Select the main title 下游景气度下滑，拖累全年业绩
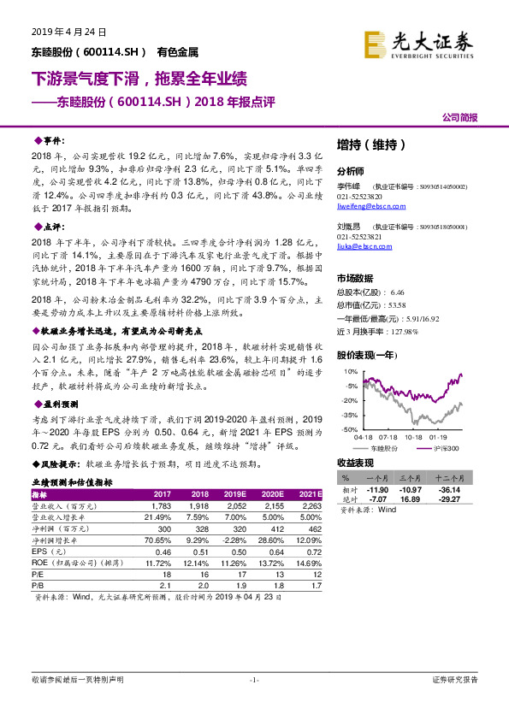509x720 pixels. [139, 80]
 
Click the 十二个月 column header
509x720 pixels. [450, 479]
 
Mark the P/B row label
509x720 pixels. [38, 585]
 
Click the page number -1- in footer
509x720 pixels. [254, 703]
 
